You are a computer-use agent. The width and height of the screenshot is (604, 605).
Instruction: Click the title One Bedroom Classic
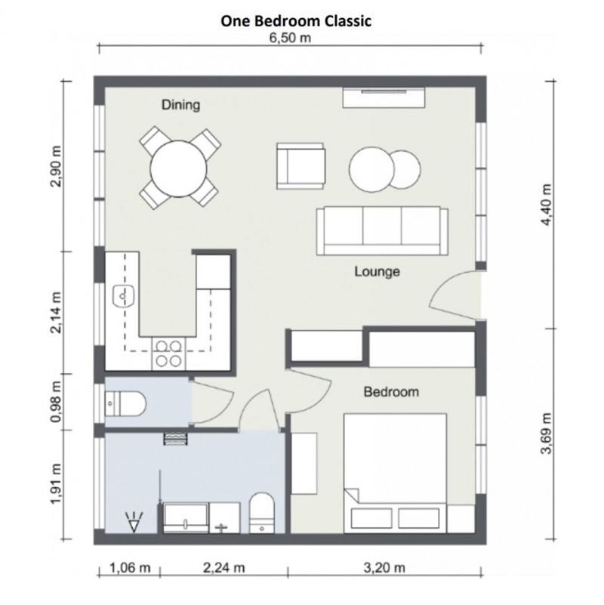coord(296,21)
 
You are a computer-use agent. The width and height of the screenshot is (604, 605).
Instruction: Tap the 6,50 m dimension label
coord(290,39)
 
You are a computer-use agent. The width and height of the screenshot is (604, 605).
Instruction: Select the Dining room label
coord(180,105)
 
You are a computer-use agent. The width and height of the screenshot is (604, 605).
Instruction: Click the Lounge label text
coord(377,271)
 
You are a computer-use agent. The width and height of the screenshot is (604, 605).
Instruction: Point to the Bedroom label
coord(391,392)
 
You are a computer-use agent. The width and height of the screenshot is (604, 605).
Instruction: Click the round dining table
coord(178,168)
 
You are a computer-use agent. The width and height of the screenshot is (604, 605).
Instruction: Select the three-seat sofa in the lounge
coord(382,230)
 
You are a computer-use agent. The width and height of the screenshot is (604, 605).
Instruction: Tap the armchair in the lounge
coord(300,166)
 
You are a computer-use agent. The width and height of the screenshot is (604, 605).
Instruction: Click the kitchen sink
coord(123,296)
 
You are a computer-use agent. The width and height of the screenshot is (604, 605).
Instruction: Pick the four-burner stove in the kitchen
coord(168,353)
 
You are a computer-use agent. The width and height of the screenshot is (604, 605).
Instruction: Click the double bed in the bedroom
coord(396,474)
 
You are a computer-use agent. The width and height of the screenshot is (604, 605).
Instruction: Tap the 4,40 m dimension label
coord(547,205)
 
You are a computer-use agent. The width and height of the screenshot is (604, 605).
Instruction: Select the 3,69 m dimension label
coord(547,434)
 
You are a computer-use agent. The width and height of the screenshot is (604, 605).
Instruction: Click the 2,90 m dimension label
coord(56,166)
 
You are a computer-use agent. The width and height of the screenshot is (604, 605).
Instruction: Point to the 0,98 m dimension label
coord(56,402)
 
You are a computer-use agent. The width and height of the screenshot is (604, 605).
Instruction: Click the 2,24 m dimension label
coord(223,568)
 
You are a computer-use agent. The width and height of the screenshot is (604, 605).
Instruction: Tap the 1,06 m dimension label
coord(130,568)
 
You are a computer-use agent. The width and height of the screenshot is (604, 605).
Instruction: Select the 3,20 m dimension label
coord(384,568)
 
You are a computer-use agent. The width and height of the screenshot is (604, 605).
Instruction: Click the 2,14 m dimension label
coord(56,313)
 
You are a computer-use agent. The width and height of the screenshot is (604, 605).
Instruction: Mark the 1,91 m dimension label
coord(56,484)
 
